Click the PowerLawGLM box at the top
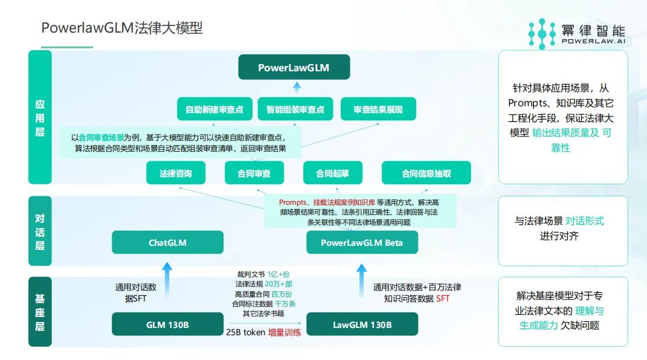click(x=294, y=68)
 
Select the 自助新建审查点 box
click(x=214, y=109)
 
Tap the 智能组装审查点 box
click(x=295, y=109)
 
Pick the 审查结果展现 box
click(x=378, y=109)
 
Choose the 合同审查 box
click(x=254, y=173)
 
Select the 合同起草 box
click(x=332, y=173)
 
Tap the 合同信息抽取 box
click(x=427, y=173)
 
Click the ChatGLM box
click(x=167, y=243)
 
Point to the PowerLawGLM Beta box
click(x=362, y=243)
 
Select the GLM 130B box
click(x=167, y=324)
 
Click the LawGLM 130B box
click(x=362, y=324)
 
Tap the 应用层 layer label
click(x=40, y=117)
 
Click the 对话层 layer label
click(x=40, y=232)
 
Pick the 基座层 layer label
click(x=40, y=312)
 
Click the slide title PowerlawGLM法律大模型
click(x=121, y=28)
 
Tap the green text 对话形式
click(x=585, y=221)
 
